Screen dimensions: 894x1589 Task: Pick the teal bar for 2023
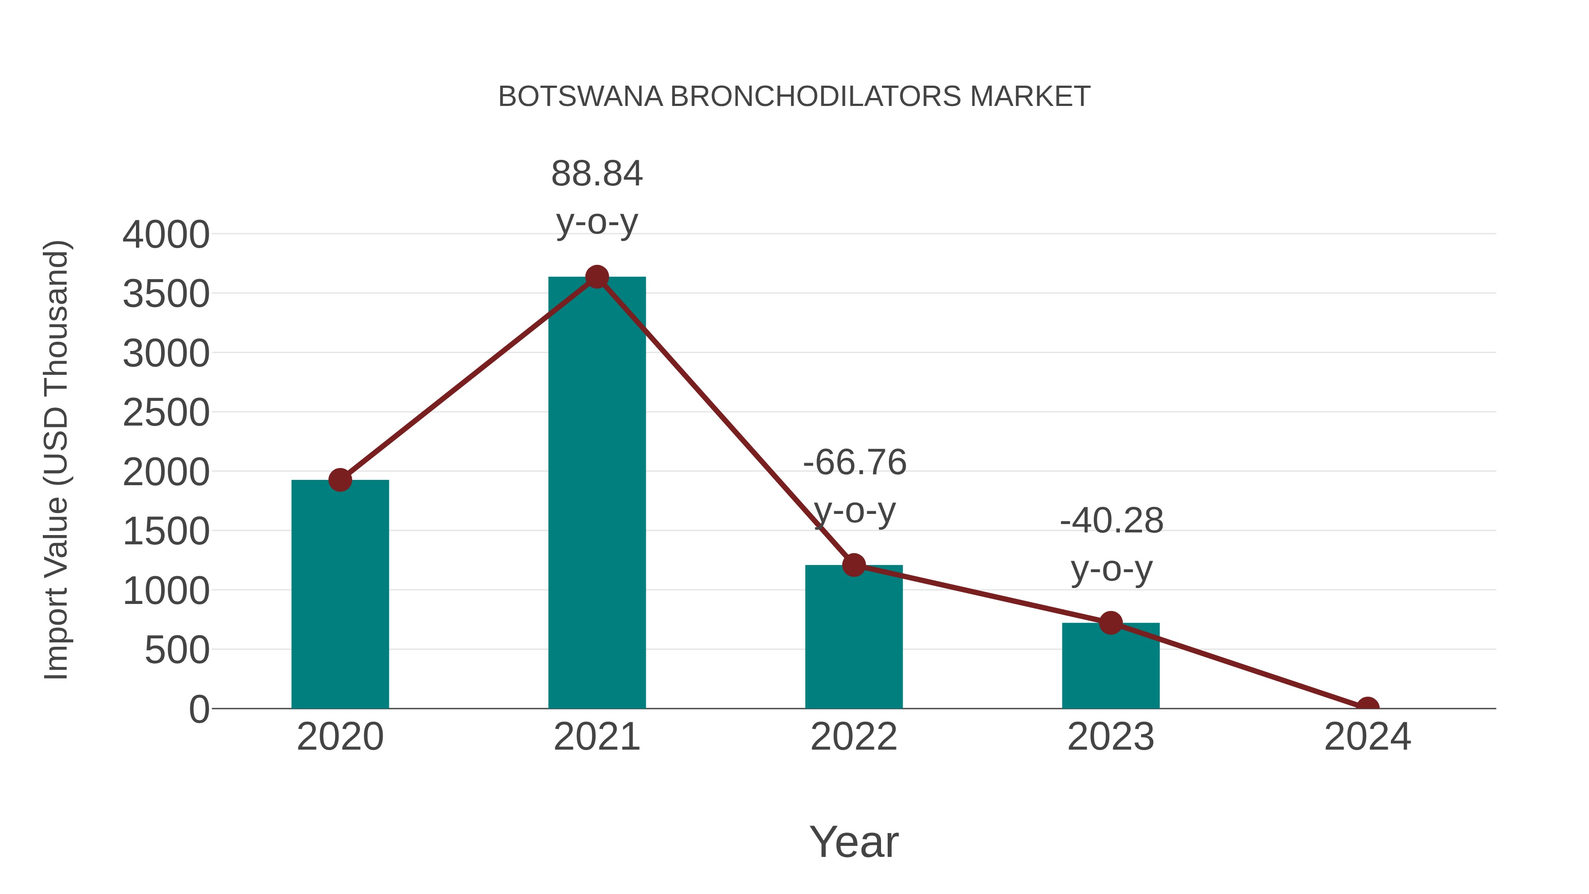coord(1111,666)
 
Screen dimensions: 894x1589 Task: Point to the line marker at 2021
coord(596,277)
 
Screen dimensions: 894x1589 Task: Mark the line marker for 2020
coord(340,479)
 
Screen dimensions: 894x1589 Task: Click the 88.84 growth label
coord(596,174)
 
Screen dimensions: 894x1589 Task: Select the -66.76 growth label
coord(855,463)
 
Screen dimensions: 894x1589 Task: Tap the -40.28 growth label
coord(1111,521)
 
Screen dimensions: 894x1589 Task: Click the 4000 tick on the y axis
coord(166,235)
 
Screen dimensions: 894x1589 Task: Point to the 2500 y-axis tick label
coord(166,413)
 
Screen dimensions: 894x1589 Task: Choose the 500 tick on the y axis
coord(177,650)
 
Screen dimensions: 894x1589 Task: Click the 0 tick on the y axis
coord(199,709)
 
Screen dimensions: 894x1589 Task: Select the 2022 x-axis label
coord(854,737)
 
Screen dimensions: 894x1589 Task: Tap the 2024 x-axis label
coord(1367,737)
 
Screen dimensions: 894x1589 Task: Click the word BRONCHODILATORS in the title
coord(816,97)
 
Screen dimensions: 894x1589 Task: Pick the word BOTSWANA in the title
coord(580,97)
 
